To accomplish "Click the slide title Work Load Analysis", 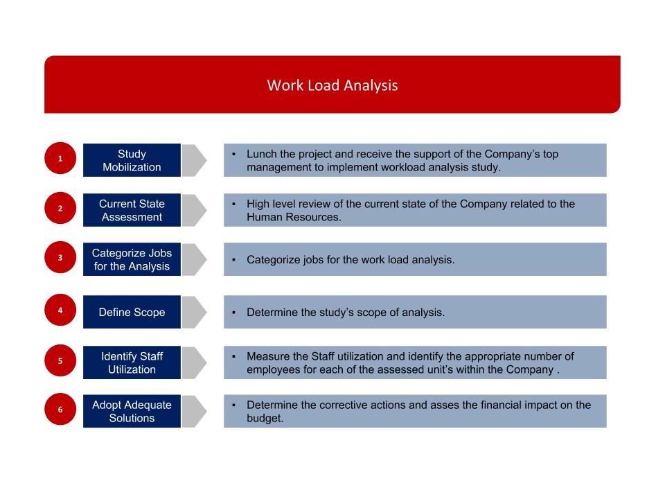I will [x=332, y=86].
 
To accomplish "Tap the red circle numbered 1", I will [x=60, y=159].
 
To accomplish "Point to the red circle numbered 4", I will [x=60, y=310].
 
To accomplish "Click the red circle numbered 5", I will [x=60, y=361].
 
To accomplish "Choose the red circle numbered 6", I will [x=60, y=410].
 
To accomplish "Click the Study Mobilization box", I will [x=132, y=160].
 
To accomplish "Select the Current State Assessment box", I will [x=132, y=210].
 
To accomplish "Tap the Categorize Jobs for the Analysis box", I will [x=132, y=259].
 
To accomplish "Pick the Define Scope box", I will [x=132, y=312].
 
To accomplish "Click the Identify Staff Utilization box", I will [x=132, y=362].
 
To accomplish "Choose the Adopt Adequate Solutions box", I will [x=132, y=411].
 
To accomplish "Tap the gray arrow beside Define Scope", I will [x=195, y=312].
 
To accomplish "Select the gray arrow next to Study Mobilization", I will [x=195, y=160].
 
